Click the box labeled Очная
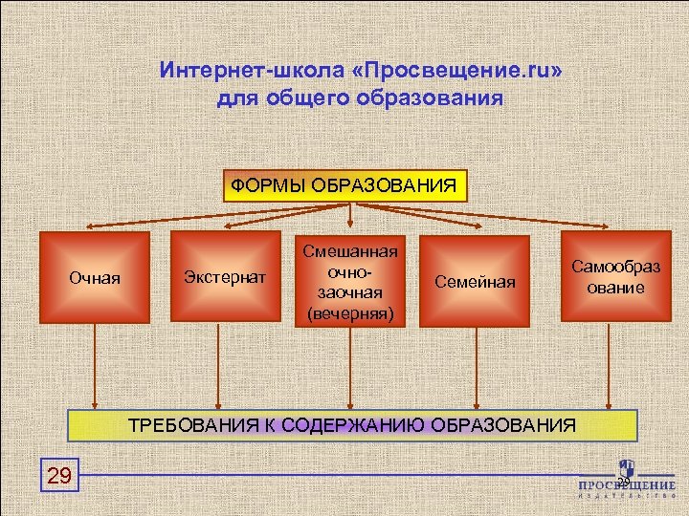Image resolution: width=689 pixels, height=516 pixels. (x=95, y=278)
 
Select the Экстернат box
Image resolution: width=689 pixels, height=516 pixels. (x=220, y=278)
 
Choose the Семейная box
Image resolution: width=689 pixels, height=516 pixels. (x=475, y=281)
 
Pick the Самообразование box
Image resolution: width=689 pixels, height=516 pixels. (x=609, y=276)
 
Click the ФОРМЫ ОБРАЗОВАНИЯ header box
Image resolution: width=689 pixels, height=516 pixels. (x=345, y=185)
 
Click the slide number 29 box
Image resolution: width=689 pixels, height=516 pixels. (x=59, y=476)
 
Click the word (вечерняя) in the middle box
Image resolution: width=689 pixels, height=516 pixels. (x=350, y=312)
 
